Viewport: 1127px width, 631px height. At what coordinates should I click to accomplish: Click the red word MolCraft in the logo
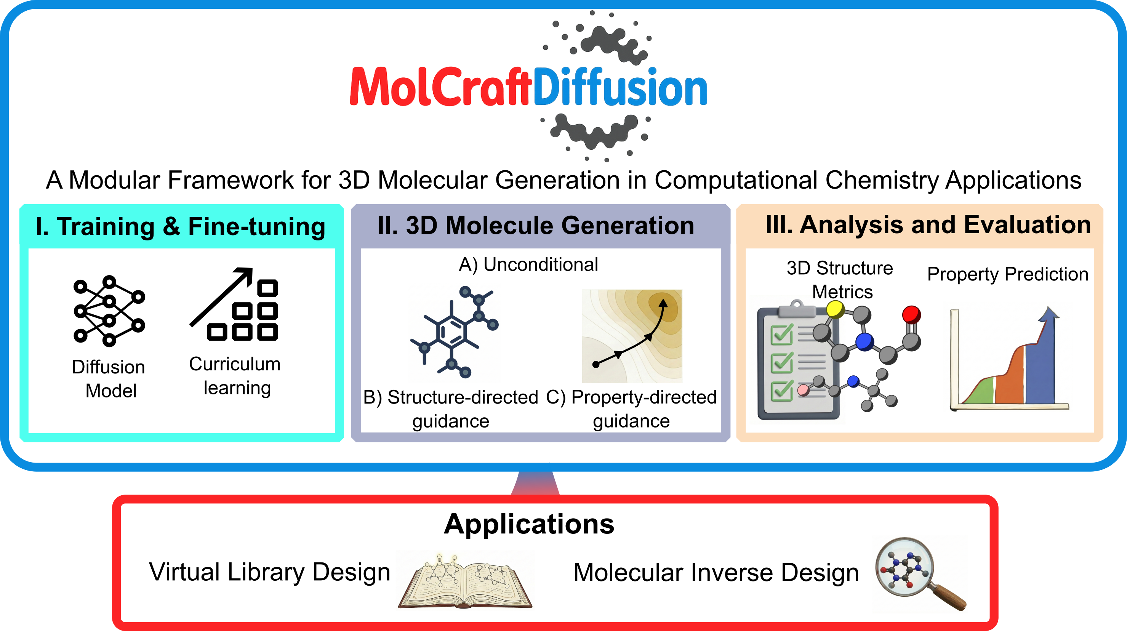(441, 86)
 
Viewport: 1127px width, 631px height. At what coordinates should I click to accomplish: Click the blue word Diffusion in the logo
(620, 86)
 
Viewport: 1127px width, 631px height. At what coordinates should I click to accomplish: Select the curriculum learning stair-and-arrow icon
(234, 304)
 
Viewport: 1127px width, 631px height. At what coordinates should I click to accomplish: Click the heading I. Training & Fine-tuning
(180, 227)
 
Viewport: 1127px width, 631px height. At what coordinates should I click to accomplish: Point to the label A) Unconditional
(528, 264)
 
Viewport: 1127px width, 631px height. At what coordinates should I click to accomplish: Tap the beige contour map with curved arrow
(632, 336)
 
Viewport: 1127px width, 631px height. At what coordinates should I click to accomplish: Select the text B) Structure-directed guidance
(451, 409)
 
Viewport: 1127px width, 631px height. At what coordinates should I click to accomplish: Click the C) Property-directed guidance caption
(631, 409)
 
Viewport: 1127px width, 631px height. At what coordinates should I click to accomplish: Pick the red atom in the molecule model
(911, 315)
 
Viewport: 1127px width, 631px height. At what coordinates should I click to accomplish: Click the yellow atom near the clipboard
(835, 310)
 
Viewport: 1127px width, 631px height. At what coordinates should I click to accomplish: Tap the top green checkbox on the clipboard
(782, 335)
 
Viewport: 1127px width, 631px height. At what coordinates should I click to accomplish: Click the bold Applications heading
(529, 524)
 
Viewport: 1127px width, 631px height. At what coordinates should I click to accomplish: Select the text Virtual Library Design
(269, 572)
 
